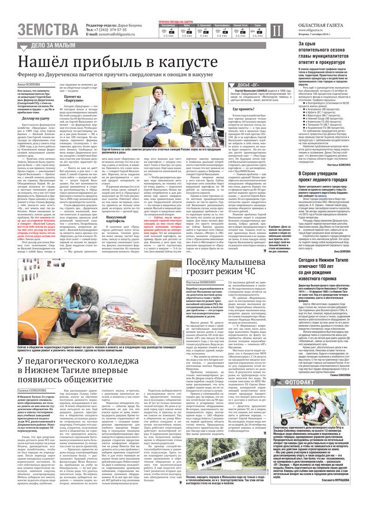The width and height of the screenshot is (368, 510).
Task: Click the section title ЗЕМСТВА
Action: pos(49,29)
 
